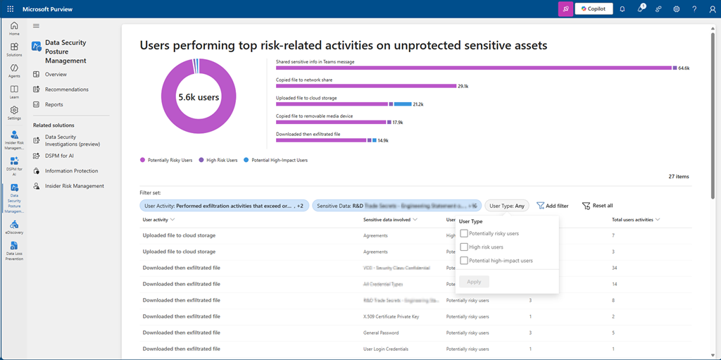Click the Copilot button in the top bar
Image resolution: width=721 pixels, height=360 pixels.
coord(594,9)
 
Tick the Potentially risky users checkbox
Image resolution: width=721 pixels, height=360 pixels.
coord(464,233)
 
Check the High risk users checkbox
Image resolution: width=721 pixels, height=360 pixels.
coord(464,247)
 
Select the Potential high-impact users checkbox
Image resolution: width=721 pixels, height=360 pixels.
coord(464,261)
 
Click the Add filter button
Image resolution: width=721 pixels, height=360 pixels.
coord(552,206)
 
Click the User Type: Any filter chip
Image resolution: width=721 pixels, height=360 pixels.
coord(507,206)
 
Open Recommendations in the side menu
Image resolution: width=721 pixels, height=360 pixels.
coord(66,89)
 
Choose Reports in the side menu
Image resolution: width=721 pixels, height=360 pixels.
coord(54,104)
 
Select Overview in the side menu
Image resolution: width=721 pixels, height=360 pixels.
coord(56,74)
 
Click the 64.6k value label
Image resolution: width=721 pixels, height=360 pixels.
coord(683,68)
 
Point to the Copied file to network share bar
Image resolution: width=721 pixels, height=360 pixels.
coord(366,86)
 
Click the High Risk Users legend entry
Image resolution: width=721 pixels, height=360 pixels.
coord(220,160)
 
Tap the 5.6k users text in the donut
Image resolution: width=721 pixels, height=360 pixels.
coord(199,97)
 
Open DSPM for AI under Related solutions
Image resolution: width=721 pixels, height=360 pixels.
coord(59,156)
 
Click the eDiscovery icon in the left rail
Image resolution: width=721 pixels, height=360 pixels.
coord(14,225)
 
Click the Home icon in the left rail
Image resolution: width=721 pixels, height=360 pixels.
coord(14,27)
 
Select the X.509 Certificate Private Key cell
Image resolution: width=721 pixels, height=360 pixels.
coord(391,316)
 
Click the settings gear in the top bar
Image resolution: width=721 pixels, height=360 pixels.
coord(677,9)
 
